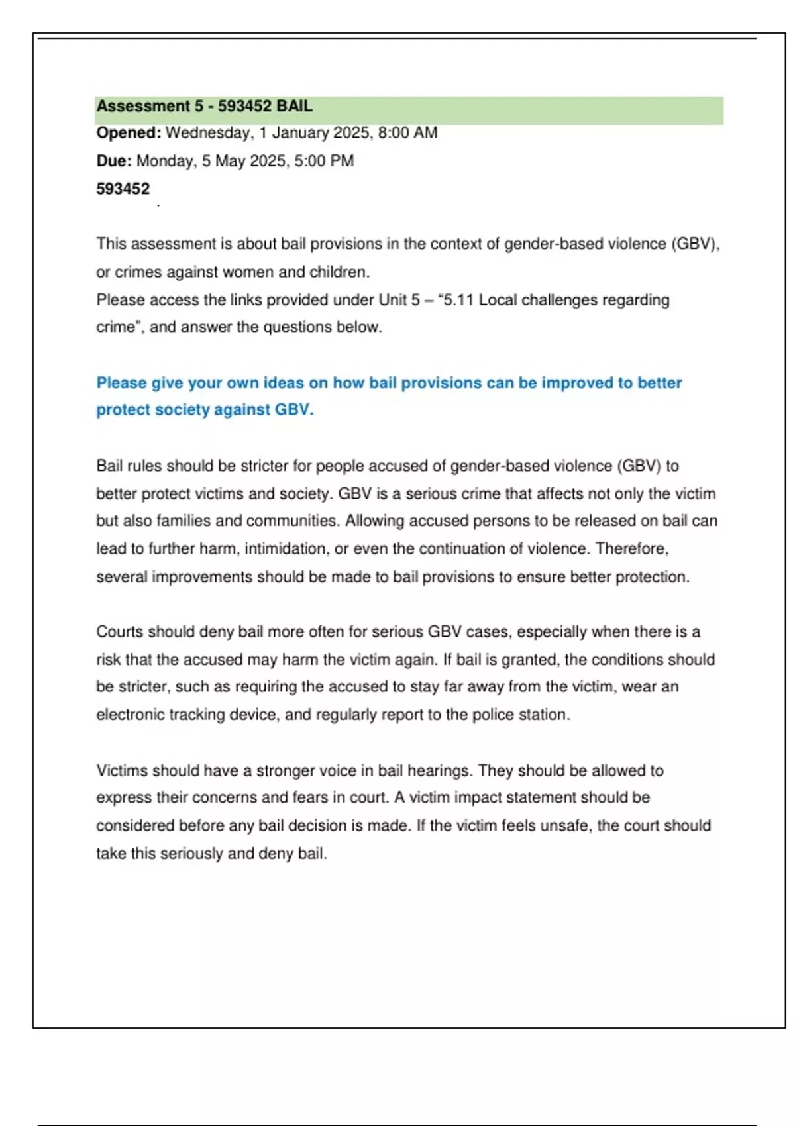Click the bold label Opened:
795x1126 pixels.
129,133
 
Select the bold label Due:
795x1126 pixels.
114,161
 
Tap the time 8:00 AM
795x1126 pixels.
407,133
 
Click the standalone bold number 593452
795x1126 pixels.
123,189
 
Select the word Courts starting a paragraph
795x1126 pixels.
119,632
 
